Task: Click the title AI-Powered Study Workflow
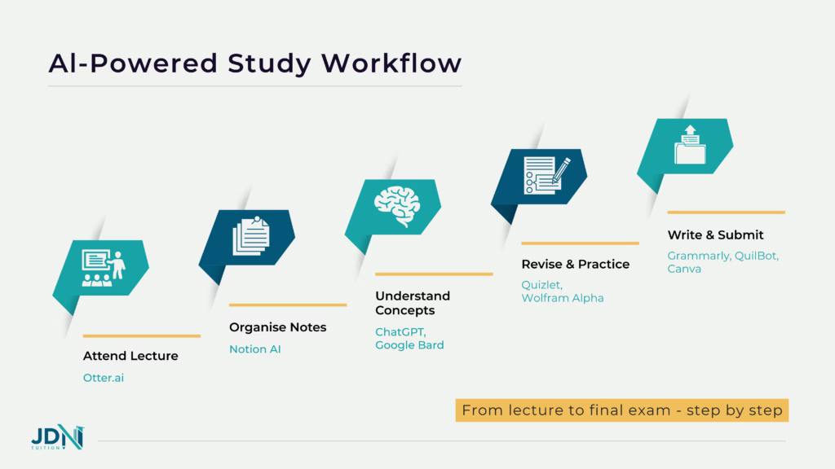pyautogui.click(x=254, y=63)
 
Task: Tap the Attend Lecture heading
pyautogui.click(x=130, y=356)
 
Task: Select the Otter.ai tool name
pyautogui.click(x=104, y=377)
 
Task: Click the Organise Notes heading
pyautogui.click(x=277, y=327)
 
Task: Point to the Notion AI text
pyautogui.click(x=254, y=348)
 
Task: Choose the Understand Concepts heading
pyautogui.click(x=413, y=303)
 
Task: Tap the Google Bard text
pyautogui.click(x=409, y=345)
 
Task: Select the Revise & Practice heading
pyautogui.click(x=575, y=264)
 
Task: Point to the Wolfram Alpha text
pyautogui.click(x=563, y=298)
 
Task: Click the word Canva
pyautogui.click(x=684, y=269)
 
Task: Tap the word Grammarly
pyautogui.click(x=698, y=255)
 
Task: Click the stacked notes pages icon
pyautogui.click(x=250, y=236)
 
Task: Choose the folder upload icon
pyautogui.click(x=689, y=145)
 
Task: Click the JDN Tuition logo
pyautogui.click(x=56, y=437)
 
